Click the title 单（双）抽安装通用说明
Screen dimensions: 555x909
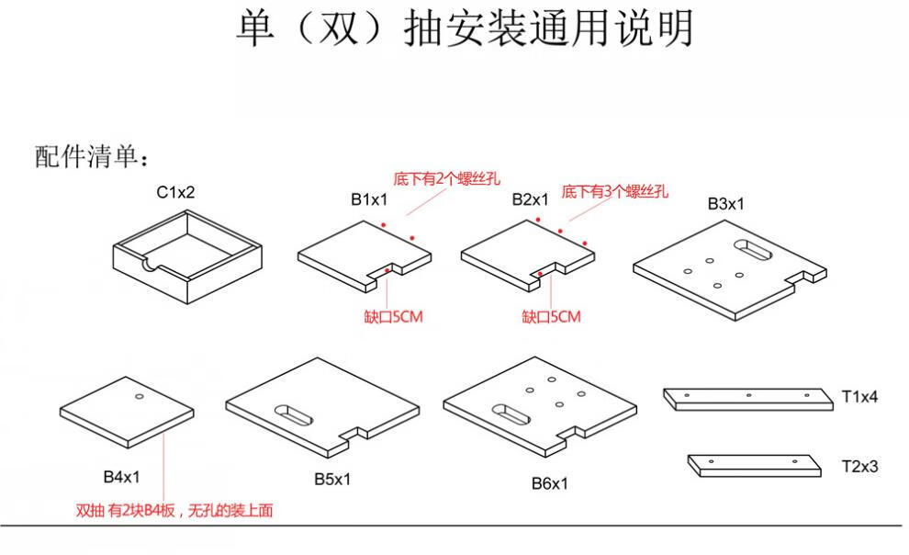coord(465,30)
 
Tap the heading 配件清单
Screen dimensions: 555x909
coord(91,156)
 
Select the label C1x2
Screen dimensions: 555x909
coord(175,192)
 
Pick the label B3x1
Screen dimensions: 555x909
coord(725,204)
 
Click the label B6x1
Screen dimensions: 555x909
coord(549,483)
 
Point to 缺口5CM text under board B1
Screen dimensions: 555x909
coord(393,317)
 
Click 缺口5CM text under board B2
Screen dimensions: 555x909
coord(551,317)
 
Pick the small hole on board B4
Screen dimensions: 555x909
coord(139,397)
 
